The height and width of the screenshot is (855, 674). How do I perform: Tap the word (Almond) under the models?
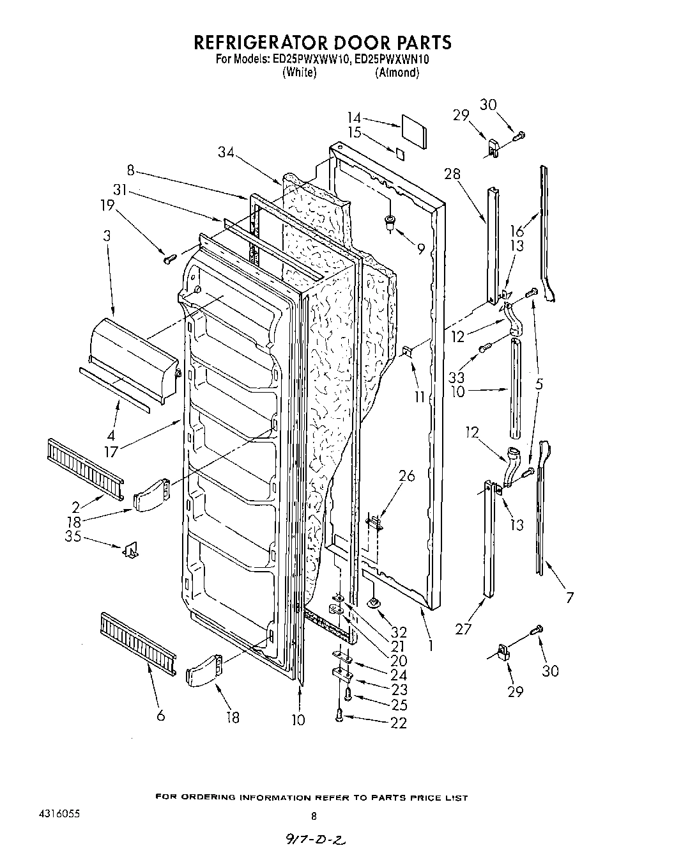(x=397, y=72)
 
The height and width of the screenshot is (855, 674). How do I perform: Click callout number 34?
(x=226, y=152)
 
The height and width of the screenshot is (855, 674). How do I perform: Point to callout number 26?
(x=406, y=476)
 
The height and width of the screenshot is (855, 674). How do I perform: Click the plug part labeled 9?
(x=389, y=222)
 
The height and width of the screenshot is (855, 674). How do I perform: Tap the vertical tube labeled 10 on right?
(x=514, y=388)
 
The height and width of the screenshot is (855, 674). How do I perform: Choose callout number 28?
(x=452, y=174)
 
